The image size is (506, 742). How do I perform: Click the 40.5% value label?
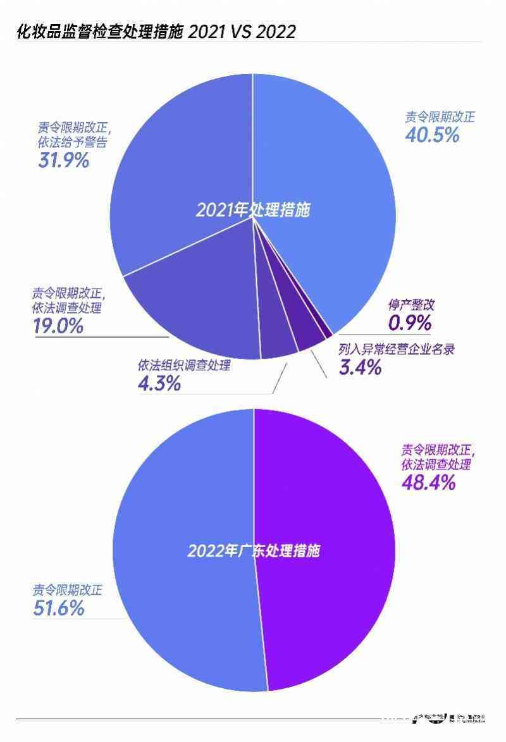[431, 135]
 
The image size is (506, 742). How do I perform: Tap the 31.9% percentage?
[63, 160]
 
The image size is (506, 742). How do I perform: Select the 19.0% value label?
[58, 326]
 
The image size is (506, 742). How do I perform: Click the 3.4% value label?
[360, 367]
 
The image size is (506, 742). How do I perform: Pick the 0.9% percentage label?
[410, 323]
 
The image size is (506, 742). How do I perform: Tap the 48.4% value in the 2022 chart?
[428, 483]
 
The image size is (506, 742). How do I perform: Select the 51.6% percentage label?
[59, 609]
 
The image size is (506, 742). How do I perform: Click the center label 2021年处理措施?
[253, 210]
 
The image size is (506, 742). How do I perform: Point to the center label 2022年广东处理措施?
[253, 550]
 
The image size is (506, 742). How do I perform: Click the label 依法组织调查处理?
[183, 366]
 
